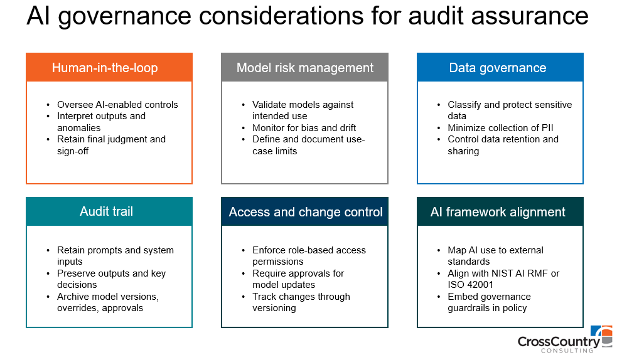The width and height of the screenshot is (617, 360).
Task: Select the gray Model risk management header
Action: tap(304, 68)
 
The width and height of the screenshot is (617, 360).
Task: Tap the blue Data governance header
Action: tap(500, 68)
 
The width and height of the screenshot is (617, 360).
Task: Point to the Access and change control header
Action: tap(304, 212)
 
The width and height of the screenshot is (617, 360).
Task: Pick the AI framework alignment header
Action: tap(500, 212)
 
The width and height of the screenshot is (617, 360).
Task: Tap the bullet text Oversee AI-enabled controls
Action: tap(117, 105)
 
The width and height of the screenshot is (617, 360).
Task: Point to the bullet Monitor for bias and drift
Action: tap(304, 128)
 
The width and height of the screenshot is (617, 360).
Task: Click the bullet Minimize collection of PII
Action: tap(500, 128)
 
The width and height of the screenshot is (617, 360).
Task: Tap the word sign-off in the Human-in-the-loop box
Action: tap(73, 151)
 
